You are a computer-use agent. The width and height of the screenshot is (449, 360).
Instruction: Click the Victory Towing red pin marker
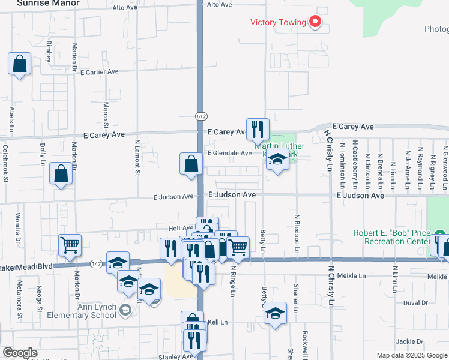[x=315, y=22]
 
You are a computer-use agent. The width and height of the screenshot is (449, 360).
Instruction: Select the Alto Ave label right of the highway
[x=219, y=5]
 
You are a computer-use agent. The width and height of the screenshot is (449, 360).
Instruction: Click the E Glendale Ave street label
[x=229, y=154]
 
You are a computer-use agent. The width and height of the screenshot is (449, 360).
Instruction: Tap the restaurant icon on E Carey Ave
[x=258, y=128]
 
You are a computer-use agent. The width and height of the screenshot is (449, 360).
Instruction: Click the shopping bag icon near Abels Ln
[x=19, y=64]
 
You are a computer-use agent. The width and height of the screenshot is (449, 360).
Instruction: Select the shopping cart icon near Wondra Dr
[x=70, y=245]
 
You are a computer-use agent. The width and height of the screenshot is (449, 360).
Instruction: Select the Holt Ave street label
[x=181, y=229]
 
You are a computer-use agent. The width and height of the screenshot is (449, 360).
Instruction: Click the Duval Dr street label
[x=415, y=303]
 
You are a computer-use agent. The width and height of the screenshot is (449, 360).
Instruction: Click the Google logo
[x=20, y=353]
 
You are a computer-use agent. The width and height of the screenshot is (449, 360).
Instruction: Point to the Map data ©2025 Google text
[x=411, y=356]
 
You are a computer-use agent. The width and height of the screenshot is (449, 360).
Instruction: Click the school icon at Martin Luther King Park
[x=277, y=160]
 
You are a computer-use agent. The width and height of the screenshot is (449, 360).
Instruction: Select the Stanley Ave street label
[x=176, y=356]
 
